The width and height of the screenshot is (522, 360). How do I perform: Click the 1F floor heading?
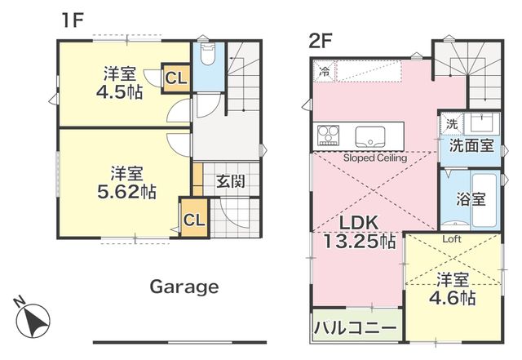click(72, 20)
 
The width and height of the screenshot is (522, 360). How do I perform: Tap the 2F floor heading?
click(321, 42)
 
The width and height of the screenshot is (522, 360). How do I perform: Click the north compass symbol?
click(33, 318)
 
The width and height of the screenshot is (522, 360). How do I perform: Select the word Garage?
click(184, 287)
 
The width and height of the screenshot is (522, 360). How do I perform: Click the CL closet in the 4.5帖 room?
click(175, 78)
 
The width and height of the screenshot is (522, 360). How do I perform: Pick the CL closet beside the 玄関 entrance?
click(194, 219)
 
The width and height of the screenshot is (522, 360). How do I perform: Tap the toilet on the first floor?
click(208, 54)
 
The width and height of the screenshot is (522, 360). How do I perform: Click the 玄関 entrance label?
click(230, 181)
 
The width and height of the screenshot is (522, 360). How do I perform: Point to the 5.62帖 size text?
click(126, 192)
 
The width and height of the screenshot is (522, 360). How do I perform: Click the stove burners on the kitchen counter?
click(328, 136)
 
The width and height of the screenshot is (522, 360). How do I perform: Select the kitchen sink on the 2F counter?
click(369, 136)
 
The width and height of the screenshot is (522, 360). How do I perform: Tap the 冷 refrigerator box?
click(324, 71)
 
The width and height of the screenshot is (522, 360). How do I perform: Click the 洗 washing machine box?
click(452, 124)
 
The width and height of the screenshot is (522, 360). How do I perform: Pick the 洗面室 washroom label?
click(471, 145)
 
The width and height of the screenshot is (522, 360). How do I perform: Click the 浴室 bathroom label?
click(471, 199)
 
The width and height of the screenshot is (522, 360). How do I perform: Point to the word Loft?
click(452, 239)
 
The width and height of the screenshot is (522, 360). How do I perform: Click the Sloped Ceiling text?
click(375, 158)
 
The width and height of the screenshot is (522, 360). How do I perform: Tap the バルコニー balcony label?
click(356, 328)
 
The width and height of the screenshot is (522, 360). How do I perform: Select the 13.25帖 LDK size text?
click(360, 242)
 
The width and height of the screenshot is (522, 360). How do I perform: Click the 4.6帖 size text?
click(452, 298)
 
